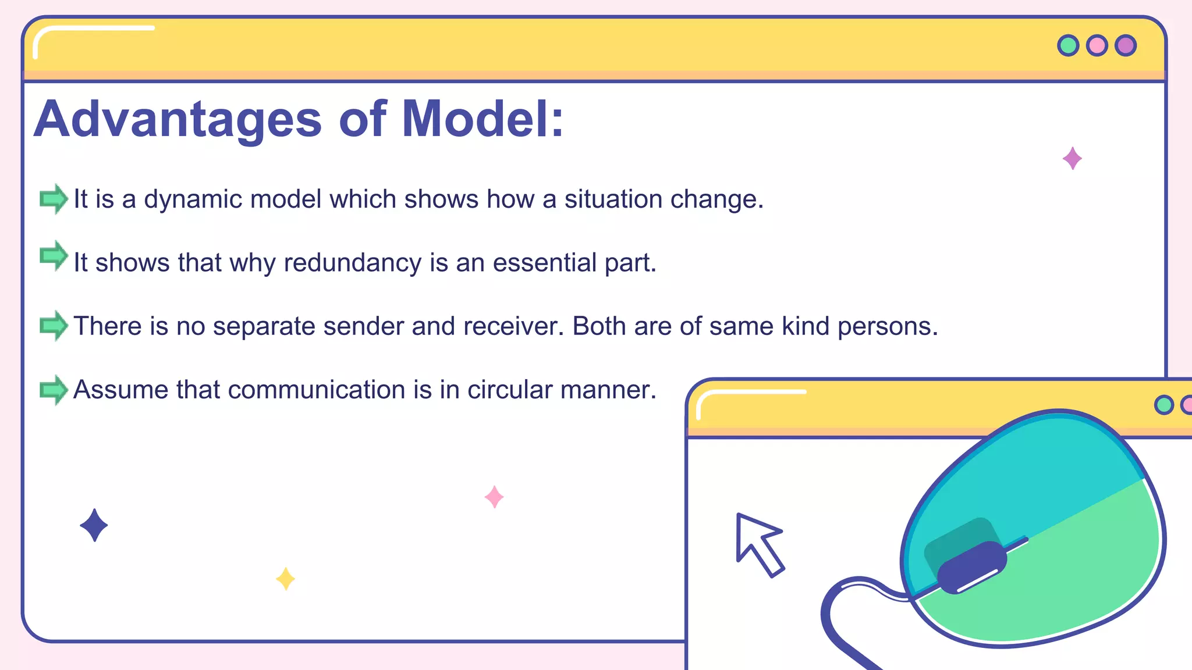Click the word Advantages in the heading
point(178,119)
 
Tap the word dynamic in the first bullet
point(193,200)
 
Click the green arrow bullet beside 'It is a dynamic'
point(54,199)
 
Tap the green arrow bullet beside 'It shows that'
point(54,255)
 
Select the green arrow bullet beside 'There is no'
point(54,325)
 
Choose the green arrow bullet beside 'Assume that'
point(54,389)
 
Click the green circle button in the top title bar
point(1068,45)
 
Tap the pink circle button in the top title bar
point(1097,45)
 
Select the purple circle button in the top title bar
point(1126,45)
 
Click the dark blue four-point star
point(94,525)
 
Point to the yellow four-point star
point(285,579)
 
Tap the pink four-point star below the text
point(494,497)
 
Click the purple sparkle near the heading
point(1072,158)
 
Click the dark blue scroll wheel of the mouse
point(972,567)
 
